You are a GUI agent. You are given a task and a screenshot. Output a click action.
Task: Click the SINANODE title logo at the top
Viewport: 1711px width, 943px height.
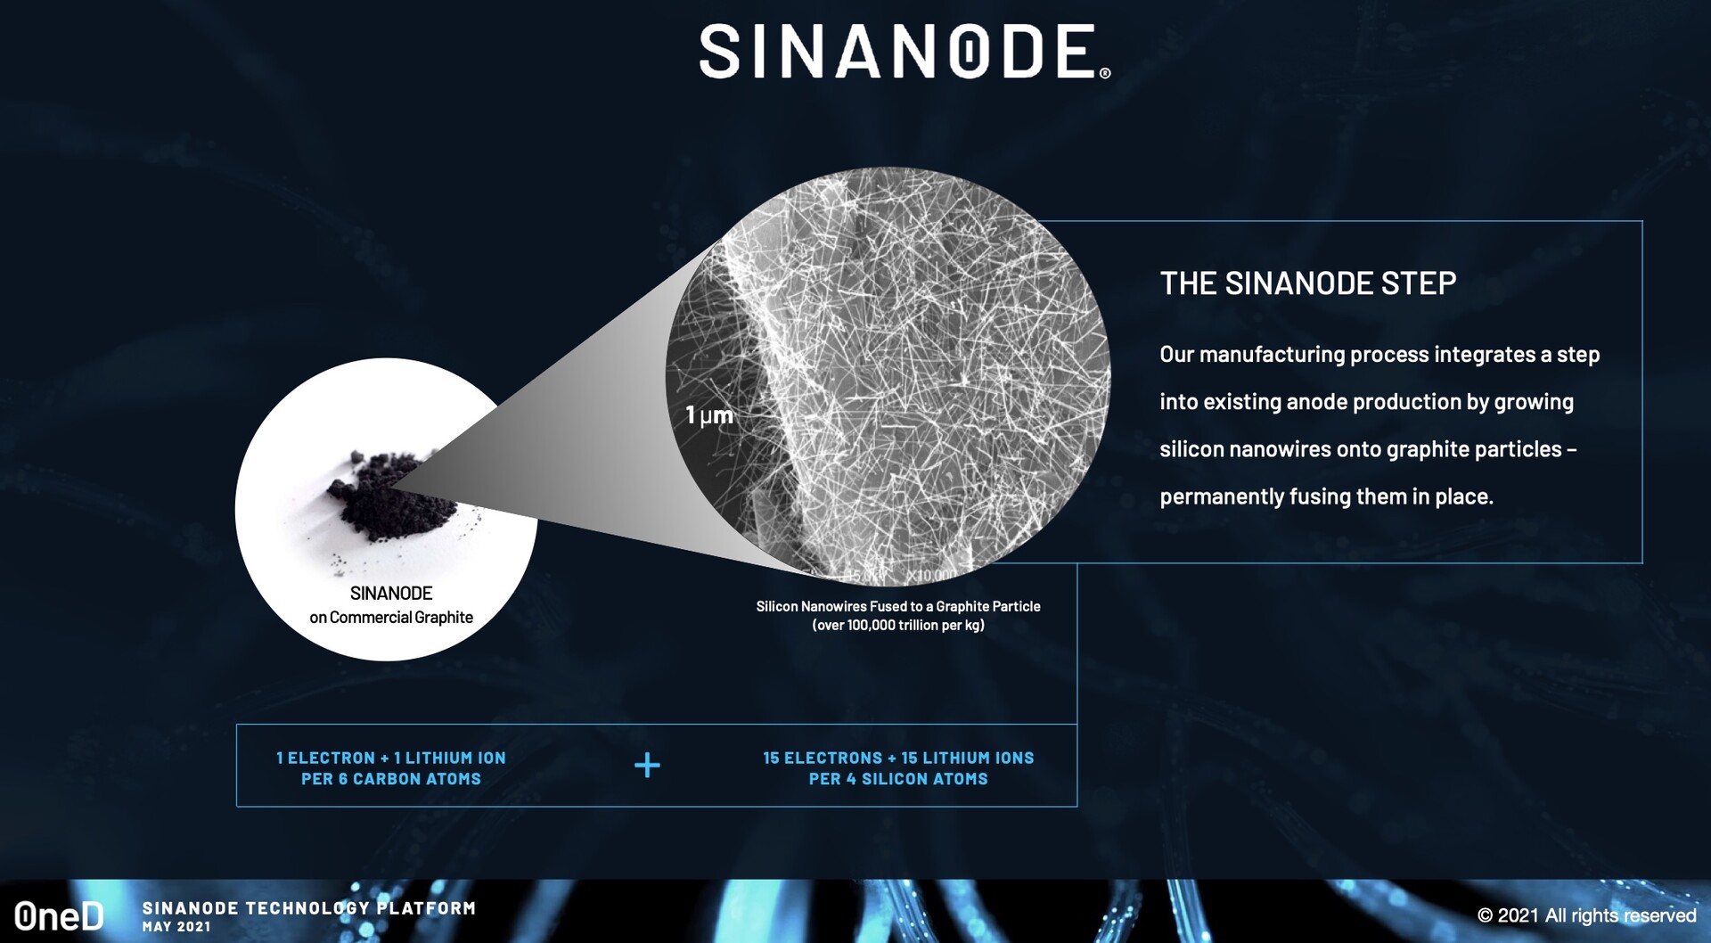(898, 51)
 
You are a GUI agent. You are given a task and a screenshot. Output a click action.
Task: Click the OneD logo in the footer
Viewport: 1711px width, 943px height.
(59, 915)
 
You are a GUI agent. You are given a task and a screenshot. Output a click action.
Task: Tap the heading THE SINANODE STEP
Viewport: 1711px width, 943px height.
(1308, 283)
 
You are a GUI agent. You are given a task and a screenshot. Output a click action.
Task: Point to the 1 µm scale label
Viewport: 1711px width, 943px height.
(709, 415)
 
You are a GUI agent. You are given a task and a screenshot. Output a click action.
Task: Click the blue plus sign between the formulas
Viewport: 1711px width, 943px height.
(647, 765)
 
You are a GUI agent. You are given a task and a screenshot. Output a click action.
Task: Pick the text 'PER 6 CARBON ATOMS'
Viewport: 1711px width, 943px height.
(391, 779)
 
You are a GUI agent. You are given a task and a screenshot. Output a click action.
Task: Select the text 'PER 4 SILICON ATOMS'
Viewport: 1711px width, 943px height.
(898, 779)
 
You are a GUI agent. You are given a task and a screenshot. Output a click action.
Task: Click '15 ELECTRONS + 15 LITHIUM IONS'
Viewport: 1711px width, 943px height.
(898, 758)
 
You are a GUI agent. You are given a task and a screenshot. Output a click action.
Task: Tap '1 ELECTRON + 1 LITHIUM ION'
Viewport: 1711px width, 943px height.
(391, 758)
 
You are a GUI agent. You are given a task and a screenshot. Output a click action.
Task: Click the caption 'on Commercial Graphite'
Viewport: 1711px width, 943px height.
(391, 617)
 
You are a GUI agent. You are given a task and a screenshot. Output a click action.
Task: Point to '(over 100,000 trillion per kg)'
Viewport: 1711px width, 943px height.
(898, 625)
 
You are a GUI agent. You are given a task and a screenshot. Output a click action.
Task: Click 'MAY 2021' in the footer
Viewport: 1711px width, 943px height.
(176, 927)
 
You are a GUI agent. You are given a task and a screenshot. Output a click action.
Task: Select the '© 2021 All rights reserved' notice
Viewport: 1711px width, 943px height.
(1586, 915)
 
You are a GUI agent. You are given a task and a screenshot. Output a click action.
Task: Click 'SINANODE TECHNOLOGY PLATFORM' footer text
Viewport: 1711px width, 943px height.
(309, 908)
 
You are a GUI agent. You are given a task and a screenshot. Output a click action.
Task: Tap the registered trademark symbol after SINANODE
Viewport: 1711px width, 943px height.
(1105, 73)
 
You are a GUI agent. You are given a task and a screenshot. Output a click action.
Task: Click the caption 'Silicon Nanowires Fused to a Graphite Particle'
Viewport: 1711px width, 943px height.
(898, 606)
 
